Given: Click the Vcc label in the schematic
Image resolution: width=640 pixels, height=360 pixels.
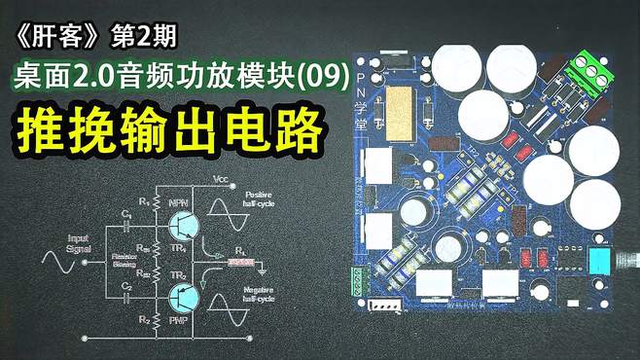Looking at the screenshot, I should (221, 182).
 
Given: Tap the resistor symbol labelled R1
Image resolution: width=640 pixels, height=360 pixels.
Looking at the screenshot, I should (153, 207).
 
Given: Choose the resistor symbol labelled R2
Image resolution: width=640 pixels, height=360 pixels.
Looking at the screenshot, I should (153, 321).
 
